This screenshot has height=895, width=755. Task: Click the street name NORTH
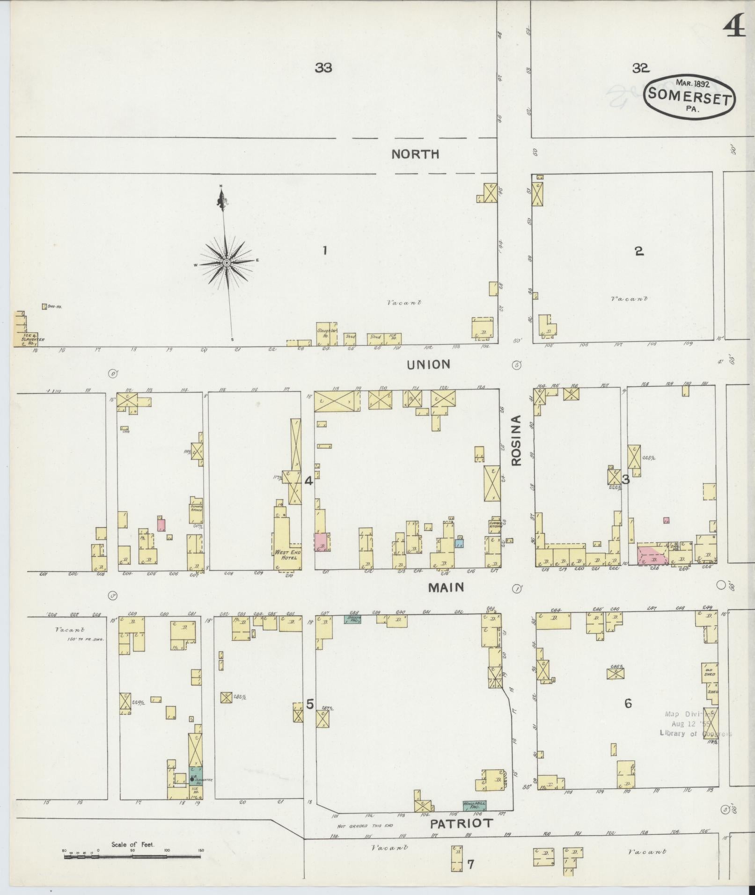pos(415,154)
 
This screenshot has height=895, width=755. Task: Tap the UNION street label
pos(428,364)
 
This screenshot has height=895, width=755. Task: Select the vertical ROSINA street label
pos(516,440)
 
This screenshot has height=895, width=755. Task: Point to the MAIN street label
pos(446,587)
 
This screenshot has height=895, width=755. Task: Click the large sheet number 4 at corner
pos(734,28)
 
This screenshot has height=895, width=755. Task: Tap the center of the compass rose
pos(227,263)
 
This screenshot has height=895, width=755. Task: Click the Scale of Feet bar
pos(132,856)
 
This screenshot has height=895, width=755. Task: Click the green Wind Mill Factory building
pos(474,805)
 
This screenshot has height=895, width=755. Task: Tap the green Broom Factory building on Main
pos(352,618)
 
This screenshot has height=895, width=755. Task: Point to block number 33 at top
pos(323,68)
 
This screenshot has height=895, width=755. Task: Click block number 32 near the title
pos(640,68)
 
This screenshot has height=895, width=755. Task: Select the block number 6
pos(628,703)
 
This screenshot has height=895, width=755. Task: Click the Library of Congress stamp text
pos(695,734)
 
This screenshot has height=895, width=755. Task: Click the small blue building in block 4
pos(459,544)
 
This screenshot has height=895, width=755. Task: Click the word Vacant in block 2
pos(630,298)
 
